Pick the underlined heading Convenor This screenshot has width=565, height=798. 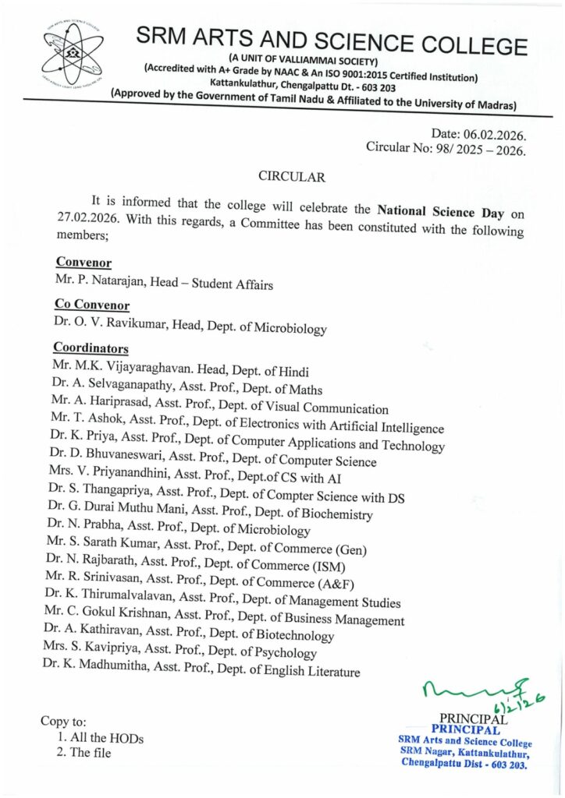[83, 263]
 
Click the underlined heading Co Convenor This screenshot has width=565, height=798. [92, 305]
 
